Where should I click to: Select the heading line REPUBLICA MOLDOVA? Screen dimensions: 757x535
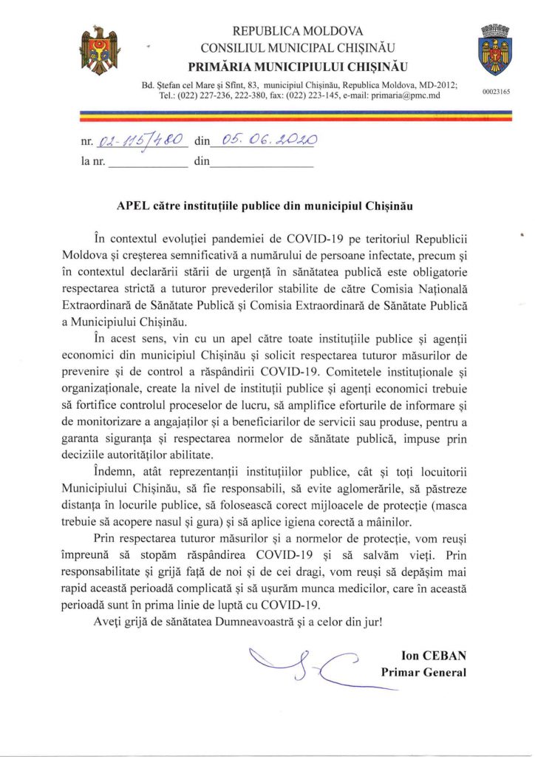coord(298,31)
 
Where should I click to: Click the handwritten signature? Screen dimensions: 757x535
coord(302,662)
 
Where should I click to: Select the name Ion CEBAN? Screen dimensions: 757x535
coord(434,656)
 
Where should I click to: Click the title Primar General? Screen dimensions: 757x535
coord(424,672)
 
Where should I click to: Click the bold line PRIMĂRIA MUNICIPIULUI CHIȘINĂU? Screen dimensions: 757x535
coord(298,65)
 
